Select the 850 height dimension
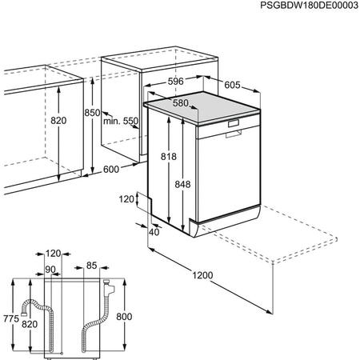[93, 114]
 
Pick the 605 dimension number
[231, 84]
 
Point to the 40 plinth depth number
[154, 232]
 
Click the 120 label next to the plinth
[126, 198]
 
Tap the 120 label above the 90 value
[54, 252]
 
